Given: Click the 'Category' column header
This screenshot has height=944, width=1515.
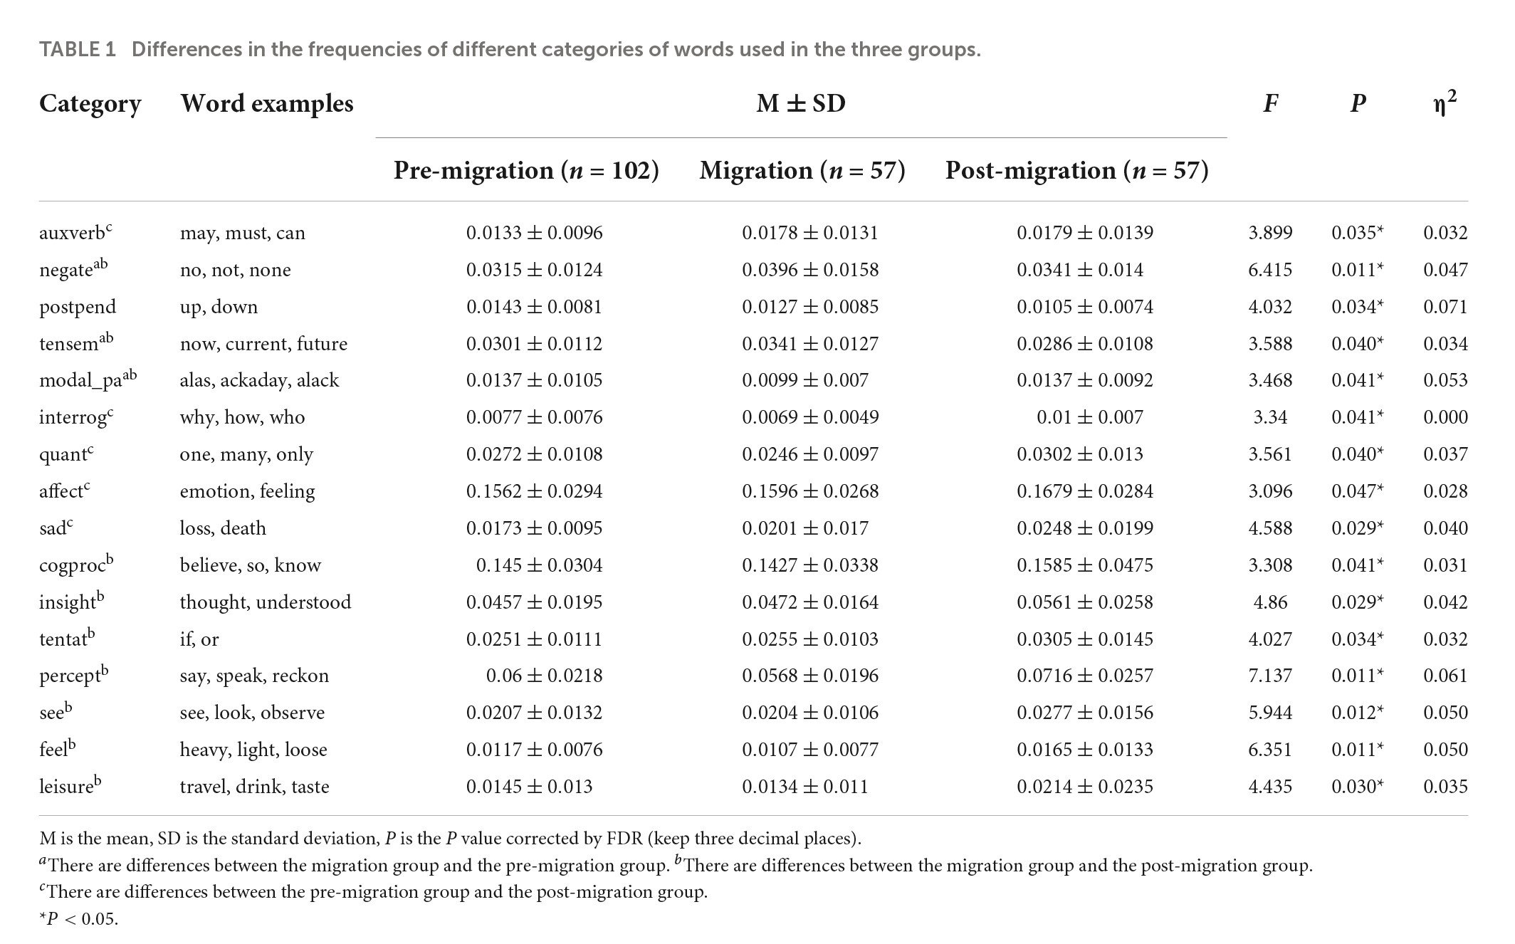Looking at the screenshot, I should coord(90,104).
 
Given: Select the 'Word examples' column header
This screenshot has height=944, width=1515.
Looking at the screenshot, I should coord(266,104).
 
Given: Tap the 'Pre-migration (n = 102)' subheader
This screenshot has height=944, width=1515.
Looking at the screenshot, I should coord(526,171).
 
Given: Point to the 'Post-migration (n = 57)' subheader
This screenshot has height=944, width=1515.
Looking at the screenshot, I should coord(1076,171).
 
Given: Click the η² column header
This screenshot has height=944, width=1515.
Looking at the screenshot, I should coord(1445,104).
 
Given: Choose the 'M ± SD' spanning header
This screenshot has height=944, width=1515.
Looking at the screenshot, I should coord(801,104).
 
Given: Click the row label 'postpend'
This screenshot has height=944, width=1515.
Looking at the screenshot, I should coord(78,307).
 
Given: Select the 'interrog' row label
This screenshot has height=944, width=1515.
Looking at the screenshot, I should coord(74,417).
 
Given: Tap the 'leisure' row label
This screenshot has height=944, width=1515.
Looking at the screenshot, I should coord(68,786).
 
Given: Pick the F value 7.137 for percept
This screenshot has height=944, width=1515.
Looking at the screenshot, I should coord(1270,676).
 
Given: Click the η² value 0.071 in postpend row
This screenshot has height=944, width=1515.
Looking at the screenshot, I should coord(1445,307).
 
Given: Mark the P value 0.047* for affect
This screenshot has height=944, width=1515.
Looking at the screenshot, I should coord(1357,491).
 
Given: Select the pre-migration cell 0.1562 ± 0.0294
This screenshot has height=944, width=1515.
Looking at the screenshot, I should coord(534,491).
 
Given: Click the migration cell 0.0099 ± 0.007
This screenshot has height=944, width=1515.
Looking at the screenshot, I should coord(805,380).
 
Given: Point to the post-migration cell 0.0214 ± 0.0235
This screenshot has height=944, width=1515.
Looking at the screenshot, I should coord(1085,787).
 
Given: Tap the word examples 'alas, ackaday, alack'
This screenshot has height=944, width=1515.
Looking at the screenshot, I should coord(259,380).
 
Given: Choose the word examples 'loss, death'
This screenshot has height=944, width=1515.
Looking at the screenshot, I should coord(223,528).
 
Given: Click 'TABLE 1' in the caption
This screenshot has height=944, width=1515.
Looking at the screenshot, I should coord(77,50).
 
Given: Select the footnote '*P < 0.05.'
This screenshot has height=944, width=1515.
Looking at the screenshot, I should coord(78,919).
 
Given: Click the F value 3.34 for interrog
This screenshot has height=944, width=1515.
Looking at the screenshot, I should coord(1270,417).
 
